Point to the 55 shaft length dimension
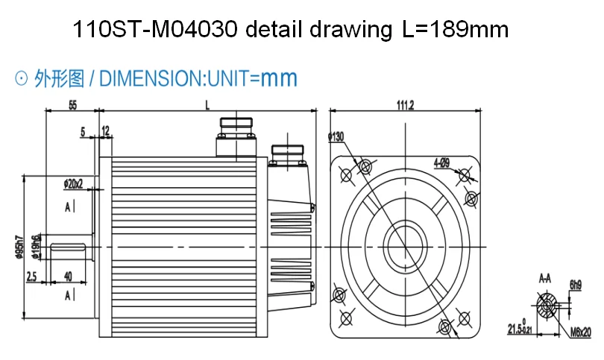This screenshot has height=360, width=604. coord(73,106)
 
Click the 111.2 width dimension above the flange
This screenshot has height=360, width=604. coord(406,106)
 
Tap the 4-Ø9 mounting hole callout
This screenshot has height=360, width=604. coord(441,162)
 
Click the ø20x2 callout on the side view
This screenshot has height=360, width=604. coord(73,183)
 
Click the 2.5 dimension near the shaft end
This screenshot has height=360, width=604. coord(31,276)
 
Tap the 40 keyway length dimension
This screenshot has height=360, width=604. coord(68,276)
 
